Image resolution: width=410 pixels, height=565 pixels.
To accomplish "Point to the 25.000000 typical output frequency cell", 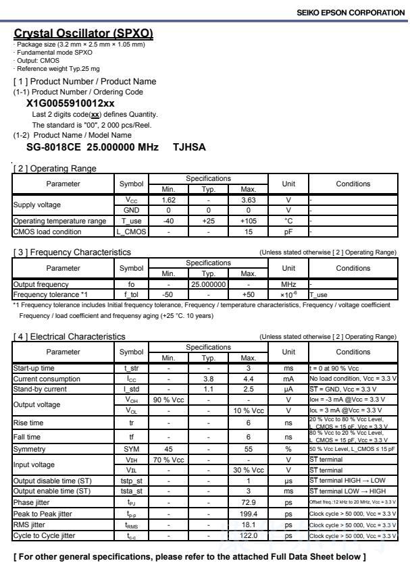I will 207,285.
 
